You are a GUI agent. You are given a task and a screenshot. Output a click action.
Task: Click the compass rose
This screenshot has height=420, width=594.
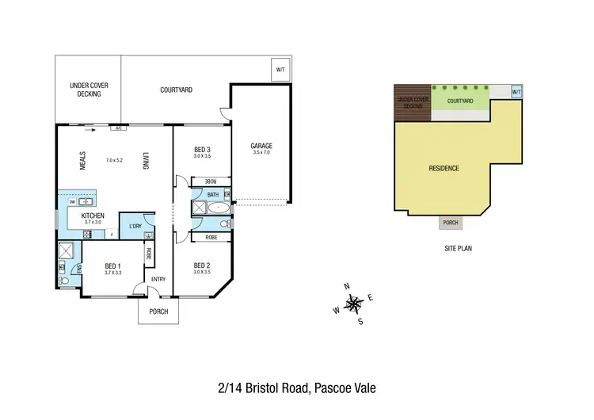(x=356, y=302)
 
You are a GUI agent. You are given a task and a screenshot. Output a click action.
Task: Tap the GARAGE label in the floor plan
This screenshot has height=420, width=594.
(x=261, y=146)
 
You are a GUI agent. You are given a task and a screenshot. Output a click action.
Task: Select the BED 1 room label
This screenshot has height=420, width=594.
(x=112, y=265)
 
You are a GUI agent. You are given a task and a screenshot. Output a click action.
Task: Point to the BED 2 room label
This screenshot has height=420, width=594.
(x=202, y=265)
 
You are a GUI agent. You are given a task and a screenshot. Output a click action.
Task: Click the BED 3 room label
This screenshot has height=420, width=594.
(x=202, y=150)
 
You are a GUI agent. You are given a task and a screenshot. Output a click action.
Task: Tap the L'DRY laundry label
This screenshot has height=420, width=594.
(x=135, y=227)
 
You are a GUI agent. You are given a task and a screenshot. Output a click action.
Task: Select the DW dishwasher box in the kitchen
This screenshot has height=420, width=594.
(x=72, y=202)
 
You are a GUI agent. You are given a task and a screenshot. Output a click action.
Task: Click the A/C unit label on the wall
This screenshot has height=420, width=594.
(x=117, y=128)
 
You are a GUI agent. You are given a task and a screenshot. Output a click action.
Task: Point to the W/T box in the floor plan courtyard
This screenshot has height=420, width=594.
(x=280, y=70)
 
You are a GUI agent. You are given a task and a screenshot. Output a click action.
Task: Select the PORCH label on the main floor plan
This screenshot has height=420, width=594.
(x=158, y=311)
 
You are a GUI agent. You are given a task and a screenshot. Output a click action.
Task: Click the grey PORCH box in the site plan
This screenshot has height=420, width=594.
(x=451, y=223)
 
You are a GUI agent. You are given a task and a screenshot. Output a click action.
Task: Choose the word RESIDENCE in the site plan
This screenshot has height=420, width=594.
(x=444, y=169)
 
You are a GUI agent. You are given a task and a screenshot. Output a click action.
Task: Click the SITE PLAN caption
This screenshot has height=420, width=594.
(x=459, y=248)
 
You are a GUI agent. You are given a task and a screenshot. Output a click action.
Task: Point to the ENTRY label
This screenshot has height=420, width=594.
(x=158, y=279)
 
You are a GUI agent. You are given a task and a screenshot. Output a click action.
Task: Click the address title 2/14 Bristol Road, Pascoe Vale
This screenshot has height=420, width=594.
(x=296, y=388)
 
